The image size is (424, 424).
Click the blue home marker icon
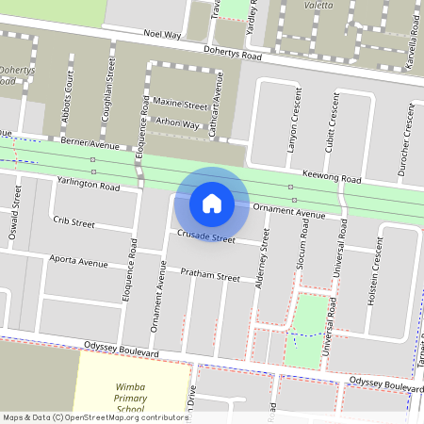click(x=212, y=203)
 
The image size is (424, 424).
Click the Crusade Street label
click(x=205, y=237)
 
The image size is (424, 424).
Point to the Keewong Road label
click(x=333, y=178)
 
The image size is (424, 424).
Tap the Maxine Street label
click(x=180, y=104)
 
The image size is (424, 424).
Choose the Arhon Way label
click(x=177, y=123)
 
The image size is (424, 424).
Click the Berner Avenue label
click(x=90, y=145)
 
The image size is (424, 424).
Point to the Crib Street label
click(x=74, y=223)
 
